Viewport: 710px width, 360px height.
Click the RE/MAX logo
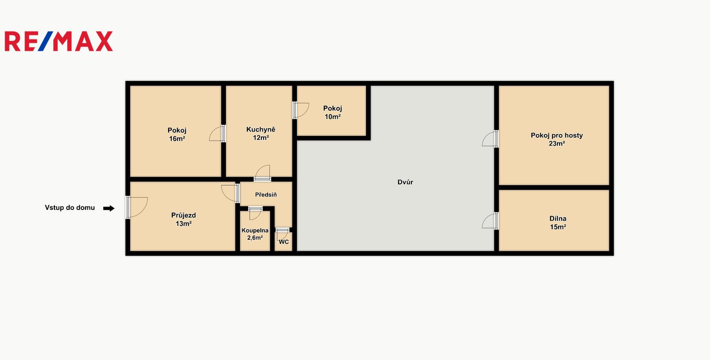pos(59,41)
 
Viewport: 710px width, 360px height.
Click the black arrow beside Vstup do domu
pos(109,208)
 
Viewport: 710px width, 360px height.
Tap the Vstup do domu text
pos(70,208)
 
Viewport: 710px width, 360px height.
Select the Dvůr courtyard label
pos(405,182)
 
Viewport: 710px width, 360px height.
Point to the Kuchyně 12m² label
pos(261,134)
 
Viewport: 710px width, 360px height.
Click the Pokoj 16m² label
pos(177,135)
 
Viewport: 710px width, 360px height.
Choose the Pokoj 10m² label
pos(332,113)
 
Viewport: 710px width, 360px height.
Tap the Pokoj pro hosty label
pos(556,139)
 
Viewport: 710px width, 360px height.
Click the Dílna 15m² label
pos(558,223)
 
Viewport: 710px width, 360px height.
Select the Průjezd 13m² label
pos(184,219)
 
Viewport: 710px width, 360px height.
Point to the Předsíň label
pos(266,195)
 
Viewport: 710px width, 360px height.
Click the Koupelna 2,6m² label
pos(255,234)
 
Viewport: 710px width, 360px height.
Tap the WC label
pos(284,242)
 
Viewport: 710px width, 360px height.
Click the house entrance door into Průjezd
pos(137,207)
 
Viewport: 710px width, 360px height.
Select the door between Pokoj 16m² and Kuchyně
pos(217,134)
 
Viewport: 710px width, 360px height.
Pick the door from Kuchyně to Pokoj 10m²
pos(301,110)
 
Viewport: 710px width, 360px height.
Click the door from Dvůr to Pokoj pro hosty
pos(490,139)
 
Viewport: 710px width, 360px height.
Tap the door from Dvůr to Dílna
pos(490,221)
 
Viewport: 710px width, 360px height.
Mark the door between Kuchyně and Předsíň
pos(262,173)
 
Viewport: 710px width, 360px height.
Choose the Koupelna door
pos(255,214)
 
